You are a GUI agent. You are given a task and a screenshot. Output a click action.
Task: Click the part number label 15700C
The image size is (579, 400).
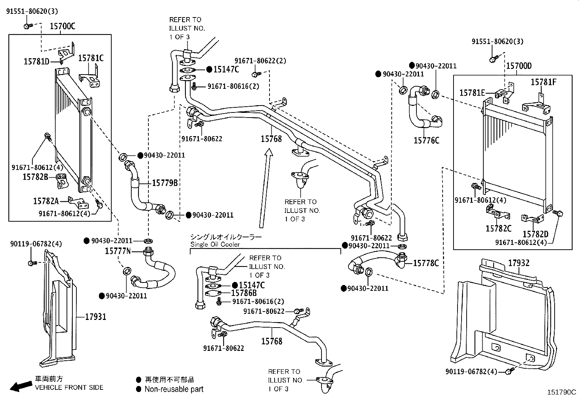click(62, 26)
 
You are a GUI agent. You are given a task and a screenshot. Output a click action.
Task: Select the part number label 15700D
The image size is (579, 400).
click(519, 66)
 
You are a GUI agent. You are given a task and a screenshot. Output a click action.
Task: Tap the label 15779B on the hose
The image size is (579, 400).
click(164, 183)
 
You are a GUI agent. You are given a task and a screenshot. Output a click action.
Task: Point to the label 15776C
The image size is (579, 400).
click(426, 140)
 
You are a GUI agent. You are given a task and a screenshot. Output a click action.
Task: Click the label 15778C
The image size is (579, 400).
click(426, 263)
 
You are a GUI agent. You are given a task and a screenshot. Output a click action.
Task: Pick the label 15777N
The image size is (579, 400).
click(117, 251)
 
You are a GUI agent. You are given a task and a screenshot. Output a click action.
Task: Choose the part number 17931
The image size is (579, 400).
click(96, 317)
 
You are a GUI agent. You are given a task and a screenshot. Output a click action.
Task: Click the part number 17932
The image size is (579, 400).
click(519, 263)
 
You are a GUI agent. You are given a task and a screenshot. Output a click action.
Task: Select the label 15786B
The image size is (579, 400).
click(244, 293)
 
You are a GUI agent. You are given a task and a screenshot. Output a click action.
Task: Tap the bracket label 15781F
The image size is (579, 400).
click(543, 82)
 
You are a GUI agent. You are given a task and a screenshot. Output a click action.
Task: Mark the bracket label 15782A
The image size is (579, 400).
click(46, 201)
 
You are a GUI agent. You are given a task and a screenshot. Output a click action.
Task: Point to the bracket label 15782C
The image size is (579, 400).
click(498, 228)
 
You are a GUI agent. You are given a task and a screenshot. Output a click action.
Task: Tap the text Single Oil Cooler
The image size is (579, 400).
click(215, 245)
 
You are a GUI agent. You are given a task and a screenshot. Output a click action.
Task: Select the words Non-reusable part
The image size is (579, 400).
click(174, 389)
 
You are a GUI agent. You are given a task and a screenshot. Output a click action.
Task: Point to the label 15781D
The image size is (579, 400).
click(36, 62)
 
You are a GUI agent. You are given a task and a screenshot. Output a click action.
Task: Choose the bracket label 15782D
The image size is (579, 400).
click(535, 234)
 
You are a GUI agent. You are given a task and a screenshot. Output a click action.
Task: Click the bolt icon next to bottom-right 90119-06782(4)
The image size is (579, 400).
click(510, 371)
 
